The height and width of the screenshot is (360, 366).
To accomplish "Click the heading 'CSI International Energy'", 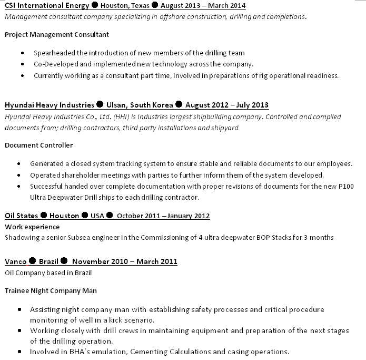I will click(x=46, y=6).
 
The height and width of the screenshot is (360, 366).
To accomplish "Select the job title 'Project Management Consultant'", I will click(x=57, y=34).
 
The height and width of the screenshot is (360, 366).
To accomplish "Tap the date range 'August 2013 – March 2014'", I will click(x=203, y=6).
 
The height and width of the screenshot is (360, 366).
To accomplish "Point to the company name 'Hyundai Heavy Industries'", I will click(x=50, y=105).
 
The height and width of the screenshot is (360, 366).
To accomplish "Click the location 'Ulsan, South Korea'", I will click(x=140, y=105).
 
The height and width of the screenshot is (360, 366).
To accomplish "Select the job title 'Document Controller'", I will click(x=39, y=145).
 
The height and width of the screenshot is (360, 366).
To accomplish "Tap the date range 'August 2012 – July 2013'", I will click(x=226, y=105).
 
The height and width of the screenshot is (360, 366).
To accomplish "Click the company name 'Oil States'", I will click(x=21, y=216).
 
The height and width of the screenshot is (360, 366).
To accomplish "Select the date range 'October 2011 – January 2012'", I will click(x=163, y=216).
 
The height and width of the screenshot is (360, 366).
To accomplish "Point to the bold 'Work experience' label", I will click(x=32, y=227).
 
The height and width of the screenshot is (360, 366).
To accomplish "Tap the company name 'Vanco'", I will click(x=15, y=261).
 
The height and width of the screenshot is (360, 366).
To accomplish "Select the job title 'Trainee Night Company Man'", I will click(x=51, y=290).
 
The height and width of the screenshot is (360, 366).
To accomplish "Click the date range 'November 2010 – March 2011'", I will click(x=125, y=261).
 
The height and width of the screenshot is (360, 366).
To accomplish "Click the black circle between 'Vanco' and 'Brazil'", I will click(x=32, y=261).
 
